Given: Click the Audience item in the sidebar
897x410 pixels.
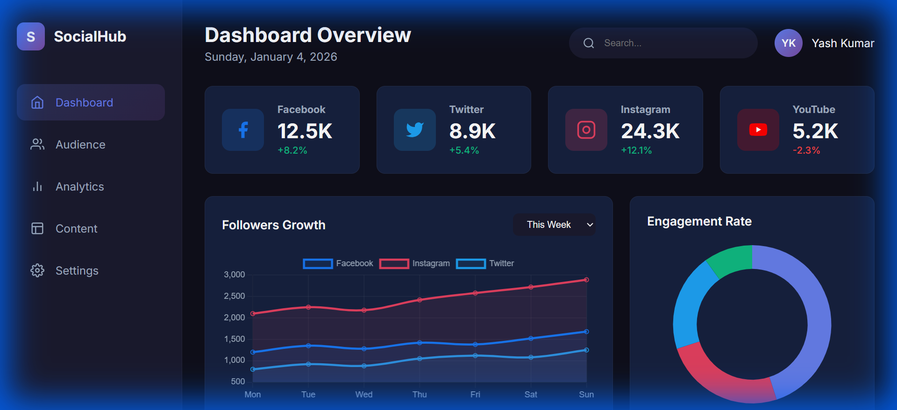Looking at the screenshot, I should [x=80, y=145].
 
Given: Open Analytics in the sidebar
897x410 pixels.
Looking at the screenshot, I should [x=79, y=187].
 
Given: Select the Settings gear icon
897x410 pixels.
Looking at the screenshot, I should [x=37, y=270].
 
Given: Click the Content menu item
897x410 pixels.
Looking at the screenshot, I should [x=76, y=229].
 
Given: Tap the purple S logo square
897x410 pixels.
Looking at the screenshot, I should [x=31, y=36].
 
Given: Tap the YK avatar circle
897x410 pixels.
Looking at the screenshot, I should [x=788, y=43].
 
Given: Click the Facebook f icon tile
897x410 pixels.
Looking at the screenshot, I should [x=243, y=130].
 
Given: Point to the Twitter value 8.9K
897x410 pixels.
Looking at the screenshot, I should [x=472, y=131].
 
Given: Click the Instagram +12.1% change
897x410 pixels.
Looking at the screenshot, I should [x=636, y=150].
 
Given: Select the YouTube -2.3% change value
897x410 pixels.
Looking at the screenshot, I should [x=806, y=150].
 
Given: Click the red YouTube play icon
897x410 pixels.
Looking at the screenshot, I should [x=758, y=130].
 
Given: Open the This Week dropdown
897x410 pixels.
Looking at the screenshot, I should [x=554, y=225].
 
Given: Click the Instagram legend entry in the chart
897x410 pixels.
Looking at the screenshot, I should [x=415, y=263].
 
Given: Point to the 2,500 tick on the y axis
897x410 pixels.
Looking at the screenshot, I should [x=234, y=296].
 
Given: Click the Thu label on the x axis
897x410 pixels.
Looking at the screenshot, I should [x=420, y=395].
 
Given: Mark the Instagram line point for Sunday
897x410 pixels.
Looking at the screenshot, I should [x=586, y=280].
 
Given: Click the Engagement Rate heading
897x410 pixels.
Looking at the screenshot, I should [x=699, y=221].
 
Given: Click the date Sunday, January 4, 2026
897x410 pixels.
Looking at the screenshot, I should [x=271, y=57].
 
